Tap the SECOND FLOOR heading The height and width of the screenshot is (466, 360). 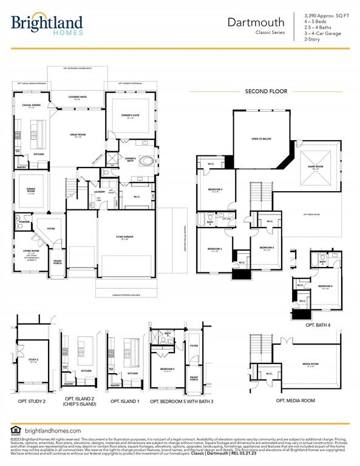tap(266, 91)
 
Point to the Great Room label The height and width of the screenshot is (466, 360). tap(77, 135)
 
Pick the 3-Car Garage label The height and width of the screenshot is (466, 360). tap(125, 237)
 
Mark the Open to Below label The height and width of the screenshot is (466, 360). tap(260, 138)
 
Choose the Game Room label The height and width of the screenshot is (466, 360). tap(319, 166)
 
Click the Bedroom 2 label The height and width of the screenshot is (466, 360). tap(214, 190)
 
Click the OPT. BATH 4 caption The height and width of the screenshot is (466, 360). tap(318, 325)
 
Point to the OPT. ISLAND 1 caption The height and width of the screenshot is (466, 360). tap(125, 400)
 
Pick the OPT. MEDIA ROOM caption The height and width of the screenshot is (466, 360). tap(295, 400)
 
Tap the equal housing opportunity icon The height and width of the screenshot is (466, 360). tap(15, 430)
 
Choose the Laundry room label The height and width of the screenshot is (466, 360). tap(100, 191)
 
